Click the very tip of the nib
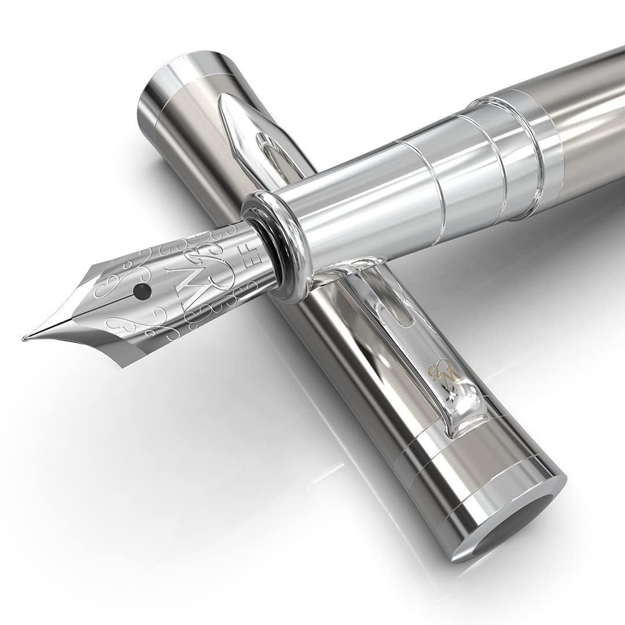tap(25, 338)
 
